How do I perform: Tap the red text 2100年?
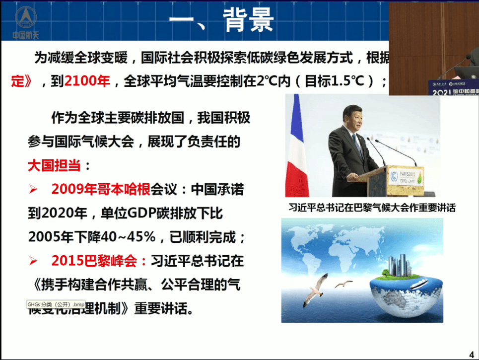[x=87, y=81]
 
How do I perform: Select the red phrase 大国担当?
[x=54, y=166]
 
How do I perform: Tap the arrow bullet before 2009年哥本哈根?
[x=34, y=190]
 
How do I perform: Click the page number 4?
[x=471, y=354]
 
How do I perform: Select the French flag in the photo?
[x=297, y=144]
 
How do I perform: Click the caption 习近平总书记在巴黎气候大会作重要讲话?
[x=372, y=208]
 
